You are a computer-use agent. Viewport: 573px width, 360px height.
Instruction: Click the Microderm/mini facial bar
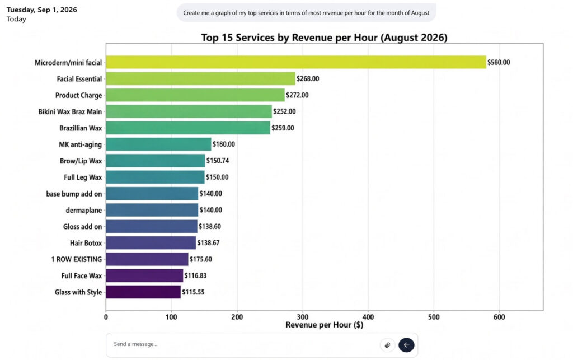coord(296,62)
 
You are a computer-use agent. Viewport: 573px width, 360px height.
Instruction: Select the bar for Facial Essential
coord(201,78)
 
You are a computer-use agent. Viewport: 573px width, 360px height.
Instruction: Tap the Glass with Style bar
coord(143,292)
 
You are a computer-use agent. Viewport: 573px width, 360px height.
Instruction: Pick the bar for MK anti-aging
coord(158,144)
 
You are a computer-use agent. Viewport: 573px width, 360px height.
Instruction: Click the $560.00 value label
coord(499,63)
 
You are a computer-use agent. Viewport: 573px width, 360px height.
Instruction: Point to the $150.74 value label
coord(218,161)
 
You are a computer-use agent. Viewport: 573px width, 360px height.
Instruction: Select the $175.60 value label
coord(201,259)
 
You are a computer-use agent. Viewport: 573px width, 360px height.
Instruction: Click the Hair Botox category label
coord(86,243)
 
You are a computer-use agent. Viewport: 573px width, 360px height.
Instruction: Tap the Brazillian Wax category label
coord(81,128)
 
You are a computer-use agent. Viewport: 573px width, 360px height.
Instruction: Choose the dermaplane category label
coord(84,211)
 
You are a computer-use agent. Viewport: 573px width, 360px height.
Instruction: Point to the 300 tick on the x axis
coord(303,317)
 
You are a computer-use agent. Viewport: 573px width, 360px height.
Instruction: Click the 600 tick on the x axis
coord(499,317)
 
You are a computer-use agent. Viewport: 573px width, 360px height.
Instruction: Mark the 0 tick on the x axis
coord(106,317)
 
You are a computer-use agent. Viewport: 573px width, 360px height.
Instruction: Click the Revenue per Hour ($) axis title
coord(324,325)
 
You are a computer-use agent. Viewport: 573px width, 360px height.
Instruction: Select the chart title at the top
coord(324,38)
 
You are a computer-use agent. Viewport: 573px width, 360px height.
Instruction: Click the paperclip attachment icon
coord(387,345)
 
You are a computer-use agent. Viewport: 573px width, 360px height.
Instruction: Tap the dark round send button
coord(406,345)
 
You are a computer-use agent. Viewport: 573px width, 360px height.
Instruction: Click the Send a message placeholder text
coord(135,344)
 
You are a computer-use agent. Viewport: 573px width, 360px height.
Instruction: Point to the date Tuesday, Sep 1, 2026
coord(41,10)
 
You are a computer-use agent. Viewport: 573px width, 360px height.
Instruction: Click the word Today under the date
coord(16,20)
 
